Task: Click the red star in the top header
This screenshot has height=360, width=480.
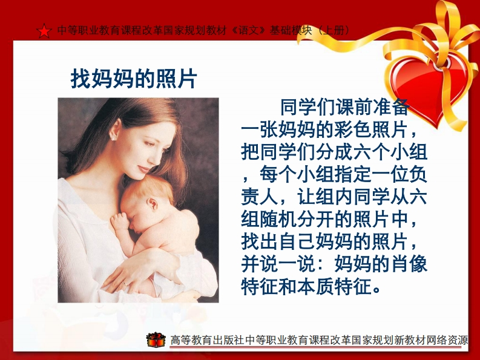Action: [44, 31]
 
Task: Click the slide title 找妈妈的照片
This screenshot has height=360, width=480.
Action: [134, 79]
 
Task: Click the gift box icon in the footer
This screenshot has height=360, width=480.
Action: [156, 339]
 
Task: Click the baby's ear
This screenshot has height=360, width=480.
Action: [152, 203]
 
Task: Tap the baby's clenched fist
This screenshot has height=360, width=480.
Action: [120, 221]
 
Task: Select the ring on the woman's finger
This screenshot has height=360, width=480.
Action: [125, 283]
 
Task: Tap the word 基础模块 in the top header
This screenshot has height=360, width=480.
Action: [291, 30]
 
